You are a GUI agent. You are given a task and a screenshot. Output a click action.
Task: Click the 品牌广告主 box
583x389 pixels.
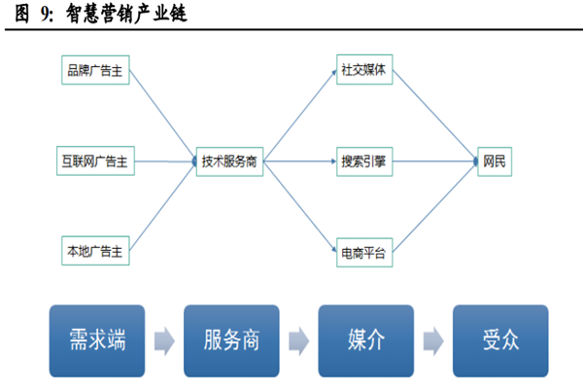click(x=94, y=71)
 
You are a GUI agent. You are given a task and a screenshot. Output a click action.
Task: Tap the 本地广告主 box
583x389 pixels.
click(x=94, y=251)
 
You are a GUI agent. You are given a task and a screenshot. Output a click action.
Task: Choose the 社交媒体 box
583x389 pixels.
click(x=363, y=71)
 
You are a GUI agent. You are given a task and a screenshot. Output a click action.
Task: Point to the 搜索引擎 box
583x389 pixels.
click(x=363, y=160)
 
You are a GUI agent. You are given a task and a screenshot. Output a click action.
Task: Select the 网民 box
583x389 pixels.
click(x=495, y=160)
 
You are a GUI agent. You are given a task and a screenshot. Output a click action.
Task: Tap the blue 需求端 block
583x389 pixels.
click(x=97, y=340)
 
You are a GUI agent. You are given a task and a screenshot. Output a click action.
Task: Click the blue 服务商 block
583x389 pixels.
click(x=231, y=340)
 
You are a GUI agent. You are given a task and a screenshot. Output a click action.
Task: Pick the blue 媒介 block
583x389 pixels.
click(x=366, y=340)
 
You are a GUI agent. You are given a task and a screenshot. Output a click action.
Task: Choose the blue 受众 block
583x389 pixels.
click(x=499, y=340)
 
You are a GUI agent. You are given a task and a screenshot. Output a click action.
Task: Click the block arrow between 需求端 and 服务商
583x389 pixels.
click(x=163, y=340)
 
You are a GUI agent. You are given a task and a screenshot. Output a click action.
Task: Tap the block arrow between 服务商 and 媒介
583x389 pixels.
click(x=298, y=340)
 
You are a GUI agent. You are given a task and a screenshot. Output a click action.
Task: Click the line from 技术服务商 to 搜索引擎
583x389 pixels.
click(x=296, y=160)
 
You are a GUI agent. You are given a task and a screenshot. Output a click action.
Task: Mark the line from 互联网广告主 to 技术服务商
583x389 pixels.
click(x=163, y=160)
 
